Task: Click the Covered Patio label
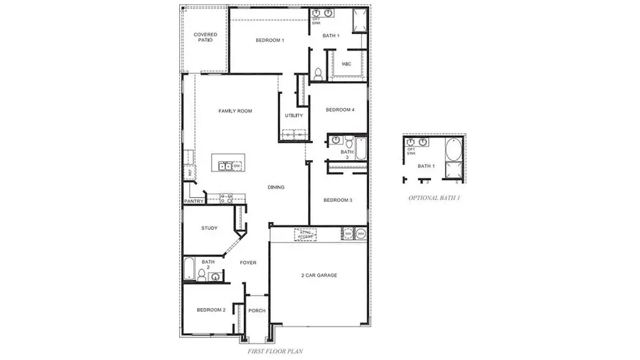click(206, 37)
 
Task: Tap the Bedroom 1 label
click(270, 41)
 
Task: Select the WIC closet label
click(346, 64)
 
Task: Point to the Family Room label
click(235, 111)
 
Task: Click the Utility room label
click(294, 115)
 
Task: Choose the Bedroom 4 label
click(340, 110)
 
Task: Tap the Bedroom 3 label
click(338, 200)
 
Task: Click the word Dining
click(276, 188)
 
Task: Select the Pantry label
click(194, 201)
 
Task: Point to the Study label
click(209, 228)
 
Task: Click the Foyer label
click(247, 263)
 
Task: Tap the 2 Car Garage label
click(319, 275)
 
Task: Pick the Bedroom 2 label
click(211, 310)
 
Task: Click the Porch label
click(256, 311)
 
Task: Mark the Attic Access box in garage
click(305, 233)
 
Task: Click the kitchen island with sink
click(227, 166)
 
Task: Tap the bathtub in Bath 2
click(190, 270)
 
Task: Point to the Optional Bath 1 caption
click(434, 198)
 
